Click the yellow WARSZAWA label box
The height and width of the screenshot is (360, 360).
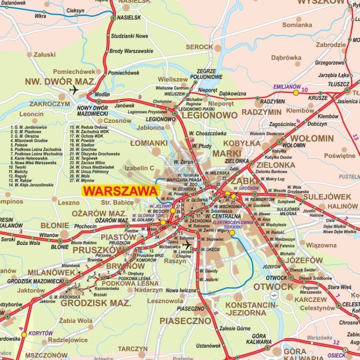pyautogui.click(x=120, y=191)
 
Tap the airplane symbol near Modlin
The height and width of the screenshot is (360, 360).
pyautogui.click(x=74, y=89)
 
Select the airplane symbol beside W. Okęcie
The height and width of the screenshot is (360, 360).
pyautogui.click(x=187, y=244)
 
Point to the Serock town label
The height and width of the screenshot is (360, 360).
pyautogui.click(x=199, y=47)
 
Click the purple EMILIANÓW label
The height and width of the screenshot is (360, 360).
pyautogui.click(x=287, y=87)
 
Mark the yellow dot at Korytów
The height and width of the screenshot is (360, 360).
pyautogui.click(x=24, y=335)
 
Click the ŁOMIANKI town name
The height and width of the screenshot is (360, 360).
pyautogui.click(x=149, y=143)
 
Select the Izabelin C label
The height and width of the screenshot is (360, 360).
pyautogui.click(x=139, y=168)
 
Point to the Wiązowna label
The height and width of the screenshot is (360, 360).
pyautogui.click(x=321, y=245)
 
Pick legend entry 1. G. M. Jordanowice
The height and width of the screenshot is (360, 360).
pyautogui.click(x=28, y=127)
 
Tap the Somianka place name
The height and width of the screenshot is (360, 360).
pyautogui.click(x=297, y=25)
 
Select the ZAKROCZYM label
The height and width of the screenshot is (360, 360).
pyautogui.click(x=49, y=103)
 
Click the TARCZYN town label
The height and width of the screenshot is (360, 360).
pyautogui.click(x=132, y=348)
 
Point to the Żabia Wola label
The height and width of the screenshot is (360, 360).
pyautogui.click(x=76, y=321)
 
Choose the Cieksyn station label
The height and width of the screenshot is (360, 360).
pyautogui.click(x=75, y=11)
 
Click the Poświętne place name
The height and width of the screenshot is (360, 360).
pyautogui.click(x=339, y=156)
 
